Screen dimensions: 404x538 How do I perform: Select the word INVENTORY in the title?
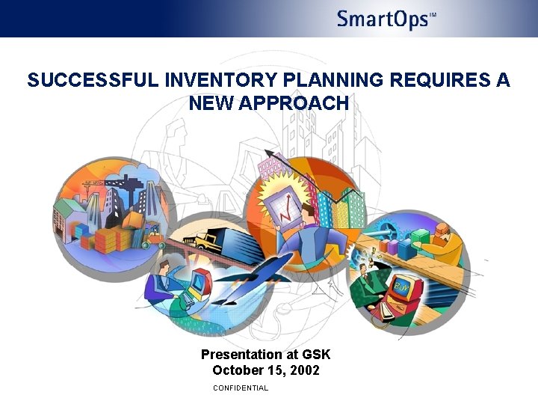(204, 81)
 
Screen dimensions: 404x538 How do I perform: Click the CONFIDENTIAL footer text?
(240, 388)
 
